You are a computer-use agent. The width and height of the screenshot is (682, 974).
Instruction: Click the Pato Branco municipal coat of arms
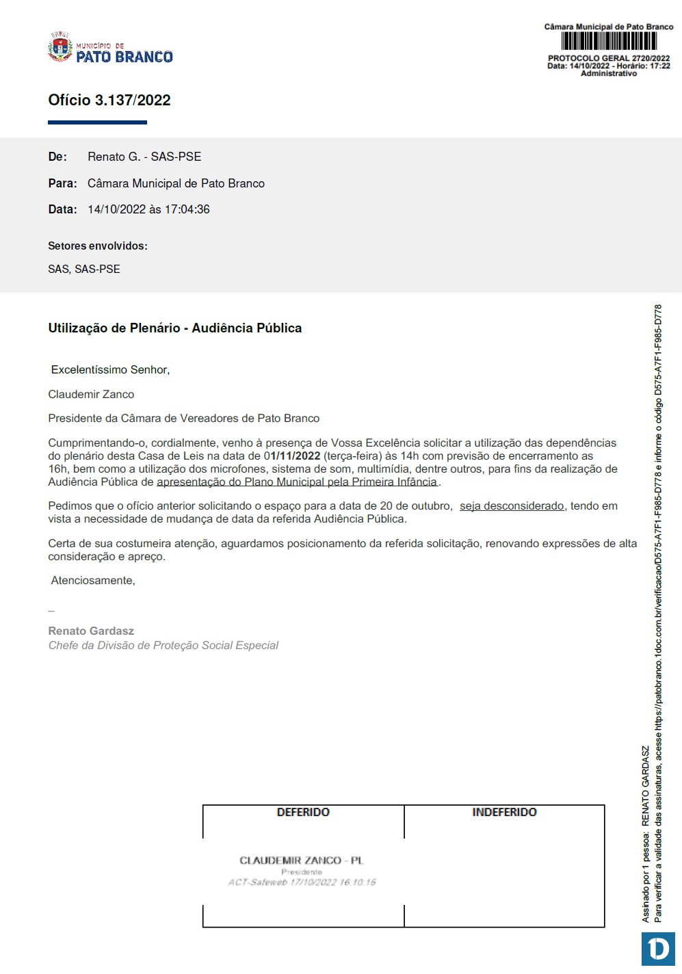point(60,48)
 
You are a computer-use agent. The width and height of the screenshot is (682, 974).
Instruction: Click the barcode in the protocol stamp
point(609,42)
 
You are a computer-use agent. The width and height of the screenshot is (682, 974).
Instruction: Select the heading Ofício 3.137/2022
point(109,101)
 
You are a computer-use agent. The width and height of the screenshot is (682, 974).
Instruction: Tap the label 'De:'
point(57,157)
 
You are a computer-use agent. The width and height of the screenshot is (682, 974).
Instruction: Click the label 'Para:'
point(62,183)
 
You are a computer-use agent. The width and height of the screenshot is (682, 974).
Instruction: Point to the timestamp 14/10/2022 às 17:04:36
point(148,209)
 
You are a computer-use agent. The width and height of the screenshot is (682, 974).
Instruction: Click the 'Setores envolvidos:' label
point(98,246)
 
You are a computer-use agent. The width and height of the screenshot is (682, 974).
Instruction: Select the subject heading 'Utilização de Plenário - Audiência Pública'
point(175,328)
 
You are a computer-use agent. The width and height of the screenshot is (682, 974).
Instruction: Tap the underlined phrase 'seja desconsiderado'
point(512,506)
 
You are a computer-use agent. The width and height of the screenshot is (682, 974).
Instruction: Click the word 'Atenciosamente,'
point(93,581)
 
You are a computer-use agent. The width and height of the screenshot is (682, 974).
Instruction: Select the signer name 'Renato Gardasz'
point(91,631)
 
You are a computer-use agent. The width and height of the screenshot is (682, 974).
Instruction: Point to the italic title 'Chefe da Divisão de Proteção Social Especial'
point(163,645)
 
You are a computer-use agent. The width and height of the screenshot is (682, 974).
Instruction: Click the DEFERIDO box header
point(303,813)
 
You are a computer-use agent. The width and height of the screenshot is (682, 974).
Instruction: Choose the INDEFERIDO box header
point(504,813)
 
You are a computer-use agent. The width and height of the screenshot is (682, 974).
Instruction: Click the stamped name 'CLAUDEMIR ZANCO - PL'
point(302,860)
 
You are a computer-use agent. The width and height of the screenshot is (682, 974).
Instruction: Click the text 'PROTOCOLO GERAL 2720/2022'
point(609,59)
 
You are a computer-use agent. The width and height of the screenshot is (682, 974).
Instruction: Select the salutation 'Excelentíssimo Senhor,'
point(110,370)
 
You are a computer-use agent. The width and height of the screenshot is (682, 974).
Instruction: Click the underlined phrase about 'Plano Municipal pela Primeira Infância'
point(298,482)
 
